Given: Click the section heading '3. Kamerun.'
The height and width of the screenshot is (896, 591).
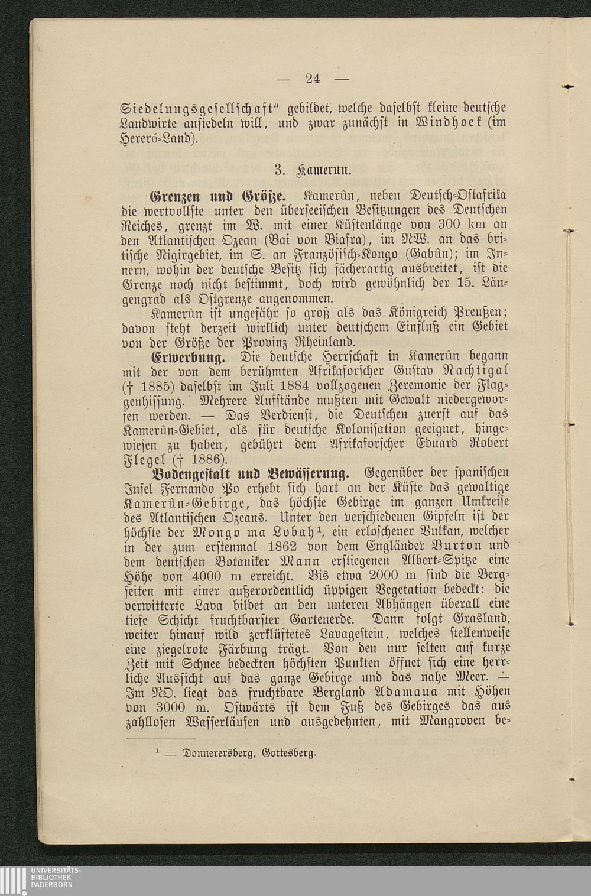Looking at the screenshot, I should [313, 171].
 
